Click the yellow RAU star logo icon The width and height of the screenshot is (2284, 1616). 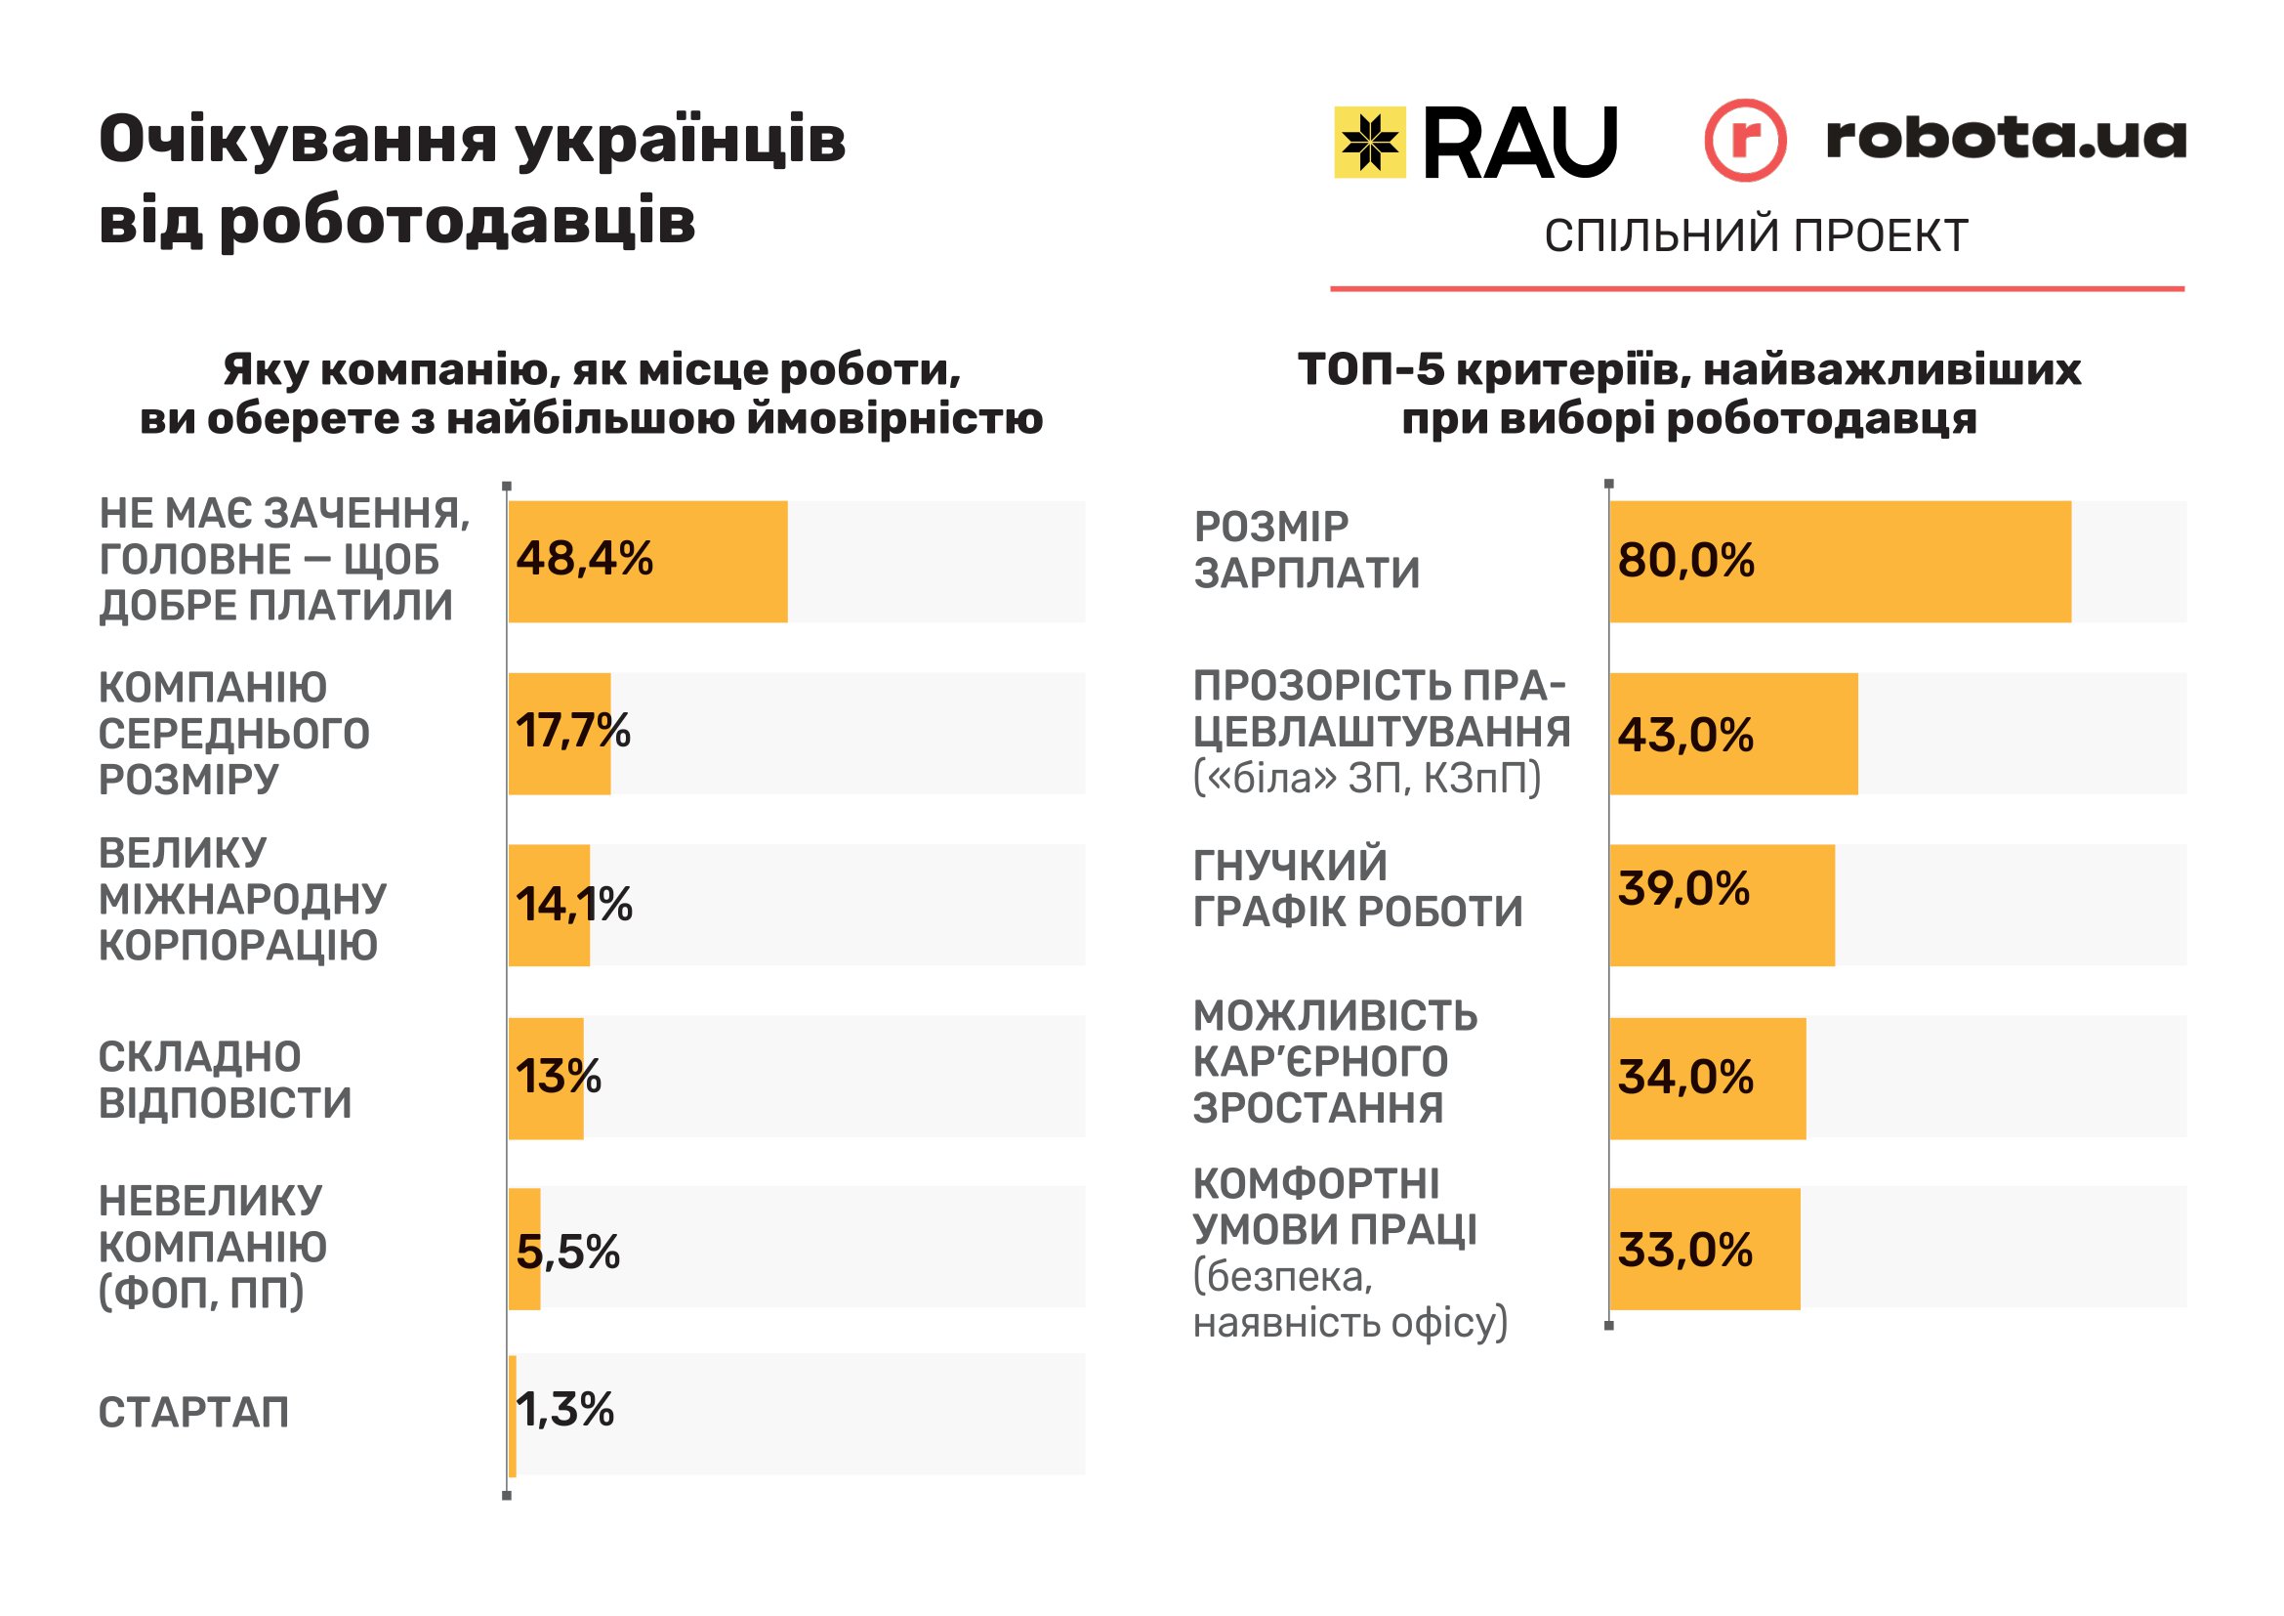click(x=1369, y=143)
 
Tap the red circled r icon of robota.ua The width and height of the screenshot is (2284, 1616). click(x=1744, y=141)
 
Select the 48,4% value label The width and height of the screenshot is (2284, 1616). click(x=584, y=558)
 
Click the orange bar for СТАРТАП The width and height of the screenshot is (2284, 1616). click(x=513, y=1415)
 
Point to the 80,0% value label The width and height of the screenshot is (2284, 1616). click(x=1685, y=560)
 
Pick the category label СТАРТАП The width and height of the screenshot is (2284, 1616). click(x=194, y=1413)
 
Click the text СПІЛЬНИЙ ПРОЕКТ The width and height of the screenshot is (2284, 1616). click(x=1756, y=235)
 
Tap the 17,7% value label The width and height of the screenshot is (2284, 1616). click(x=572, y=732)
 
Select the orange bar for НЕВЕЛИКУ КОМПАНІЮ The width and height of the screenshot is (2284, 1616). click(x=524, y=1249)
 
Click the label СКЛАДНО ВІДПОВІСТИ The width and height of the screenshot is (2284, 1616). click(x=225, y=1080)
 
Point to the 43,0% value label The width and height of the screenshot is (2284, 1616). click(x=1685, y=736)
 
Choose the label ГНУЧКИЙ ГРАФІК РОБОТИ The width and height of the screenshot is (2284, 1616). click(x=1357, y=888)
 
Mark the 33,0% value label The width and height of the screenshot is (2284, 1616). click(x=1684, y=1251)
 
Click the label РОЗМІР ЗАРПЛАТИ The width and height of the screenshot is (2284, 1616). click(x=1307, y=550)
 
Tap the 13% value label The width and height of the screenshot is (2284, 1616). click(x=559, y=1077)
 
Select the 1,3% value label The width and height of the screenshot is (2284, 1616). click(x=565, y=1410)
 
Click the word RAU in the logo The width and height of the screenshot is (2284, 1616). click(x=1519, y=144)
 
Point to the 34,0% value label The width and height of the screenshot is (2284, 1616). click(x=1685, y=1078)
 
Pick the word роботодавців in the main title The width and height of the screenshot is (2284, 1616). click(x=457, y=221)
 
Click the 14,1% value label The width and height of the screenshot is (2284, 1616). click(x=573, y=905)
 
